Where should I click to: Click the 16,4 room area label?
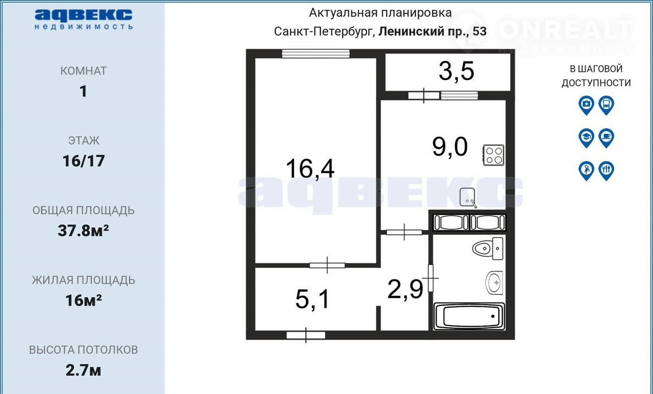coord(310,169)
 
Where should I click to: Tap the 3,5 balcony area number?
coord(457,71)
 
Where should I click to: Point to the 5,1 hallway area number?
coord(312,299)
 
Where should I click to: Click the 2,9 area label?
coord(405,289)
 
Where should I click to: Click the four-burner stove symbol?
coord(493,155)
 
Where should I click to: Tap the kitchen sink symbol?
coord(468,198)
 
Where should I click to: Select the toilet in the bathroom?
coord(488,249)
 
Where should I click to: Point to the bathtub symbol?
coord(469,316)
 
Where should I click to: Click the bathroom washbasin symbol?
coord(494,283)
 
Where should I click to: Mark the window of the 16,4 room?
coord(316,54)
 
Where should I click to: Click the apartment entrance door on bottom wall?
coord(306,335)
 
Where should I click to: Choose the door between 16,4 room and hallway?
coord(327,265)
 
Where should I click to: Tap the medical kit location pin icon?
coord(586,105)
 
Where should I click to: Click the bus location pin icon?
coord(606,105)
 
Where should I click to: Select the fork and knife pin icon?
coord(606,171)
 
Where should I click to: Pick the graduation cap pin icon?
coord(586,138)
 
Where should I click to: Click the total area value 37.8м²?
coord(83,231)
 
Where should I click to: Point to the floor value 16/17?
coord(84,161)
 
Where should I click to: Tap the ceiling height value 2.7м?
coord(83,371)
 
